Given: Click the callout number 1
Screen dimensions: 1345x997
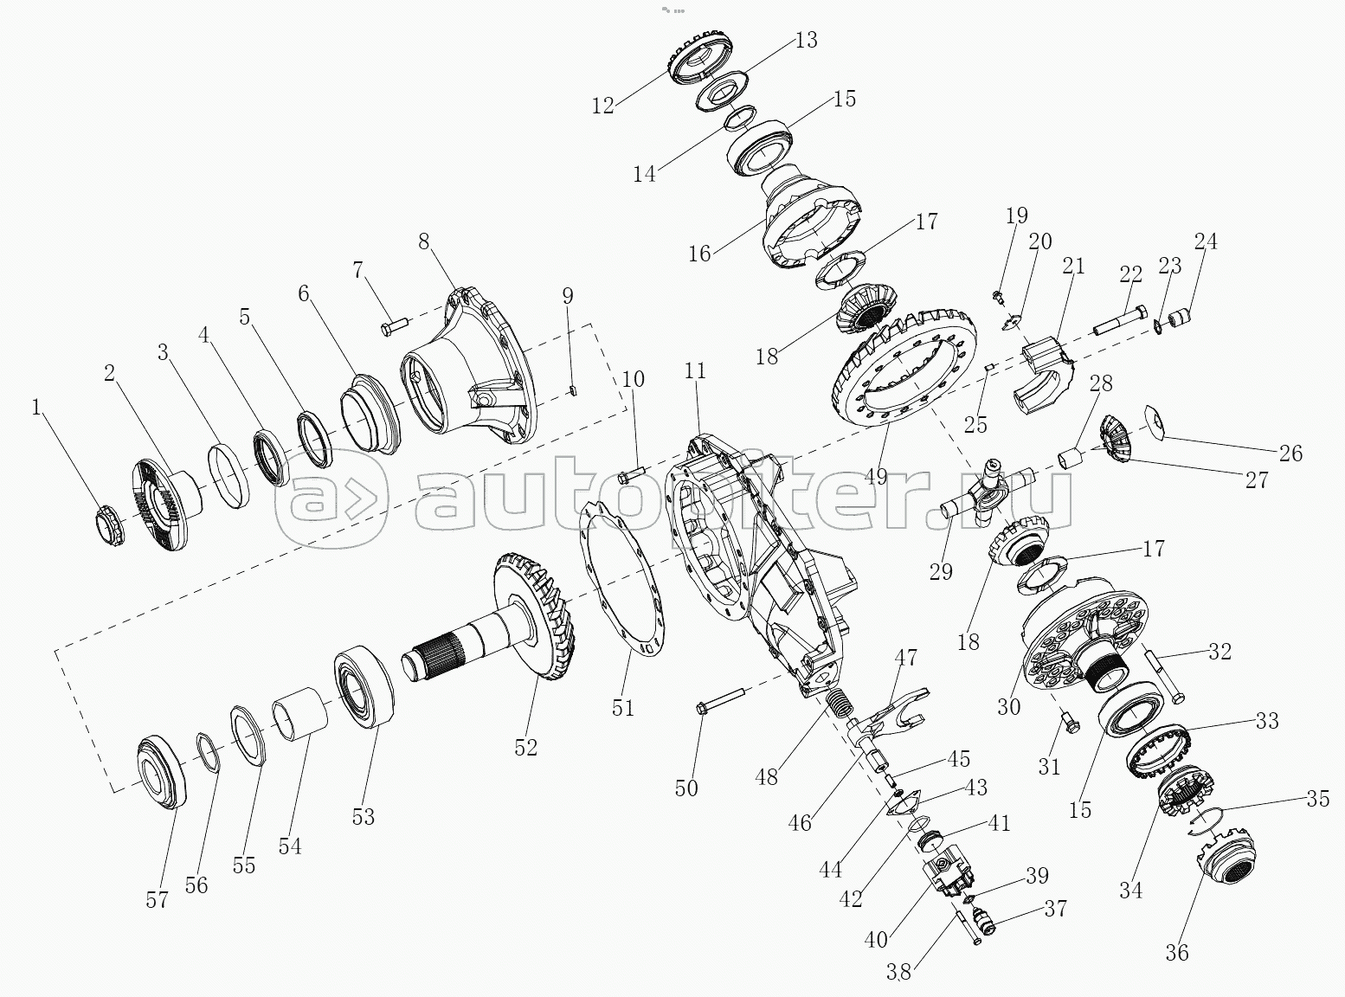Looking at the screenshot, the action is pos(36,408).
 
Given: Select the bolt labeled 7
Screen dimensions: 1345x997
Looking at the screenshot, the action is pos(394,326).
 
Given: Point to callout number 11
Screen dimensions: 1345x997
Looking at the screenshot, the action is pos(696,370).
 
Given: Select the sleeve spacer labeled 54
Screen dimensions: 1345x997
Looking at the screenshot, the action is pos(300,715).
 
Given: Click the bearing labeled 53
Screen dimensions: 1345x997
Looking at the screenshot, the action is pos(364,686).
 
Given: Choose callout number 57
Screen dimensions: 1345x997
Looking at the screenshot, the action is pos(157,900).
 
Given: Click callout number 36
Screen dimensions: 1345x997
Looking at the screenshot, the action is pos(1177,952).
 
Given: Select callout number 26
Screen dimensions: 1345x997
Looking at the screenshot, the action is pos(1290,453).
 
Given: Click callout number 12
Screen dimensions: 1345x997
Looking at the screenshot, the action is pos(603,106).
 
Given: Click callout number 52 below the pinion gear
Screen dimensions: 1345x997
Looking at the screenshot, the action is pos(525,747).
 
